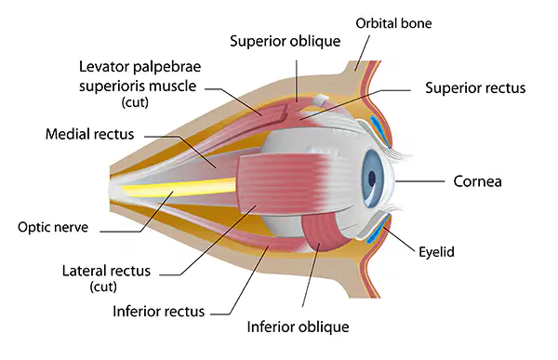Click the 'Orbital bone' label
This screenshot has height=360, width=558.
(393, 23)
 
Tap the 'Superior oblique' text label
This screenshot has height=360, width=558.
(286, 41)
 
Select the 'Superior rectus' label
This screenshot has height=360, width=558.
(475, 88)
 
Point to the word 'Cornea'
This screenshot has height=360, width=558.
(478, 181)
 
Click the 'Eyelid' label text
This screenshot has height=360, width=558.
(436, 252)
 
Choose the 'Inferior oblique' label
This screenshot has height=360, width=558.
(298, 327)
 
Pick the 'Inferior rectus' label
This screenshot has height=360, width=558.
(159, 312)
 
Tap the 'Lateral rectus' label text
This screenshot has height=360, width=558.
(106, 271)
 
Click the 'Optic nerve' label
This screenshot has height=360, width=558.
(53, 227)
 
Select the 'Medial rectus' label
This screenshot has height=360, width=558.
(89, 134)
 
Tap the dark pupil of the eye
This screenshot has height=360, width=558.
(372, 178)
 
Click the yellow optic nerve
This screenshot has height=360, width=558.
(178, 187)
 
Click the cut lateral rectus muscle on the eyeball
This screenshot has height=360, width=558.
(285, 183)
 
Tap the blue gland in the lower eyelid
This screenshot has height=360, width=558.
(377, 232)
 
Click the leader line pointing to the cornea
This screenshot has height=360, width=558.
(420, 181)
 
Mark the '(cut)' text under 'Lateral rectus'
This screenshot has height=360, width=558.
(103, 287)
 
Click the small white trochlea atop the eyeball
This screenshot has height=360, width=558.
(320, 100)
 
